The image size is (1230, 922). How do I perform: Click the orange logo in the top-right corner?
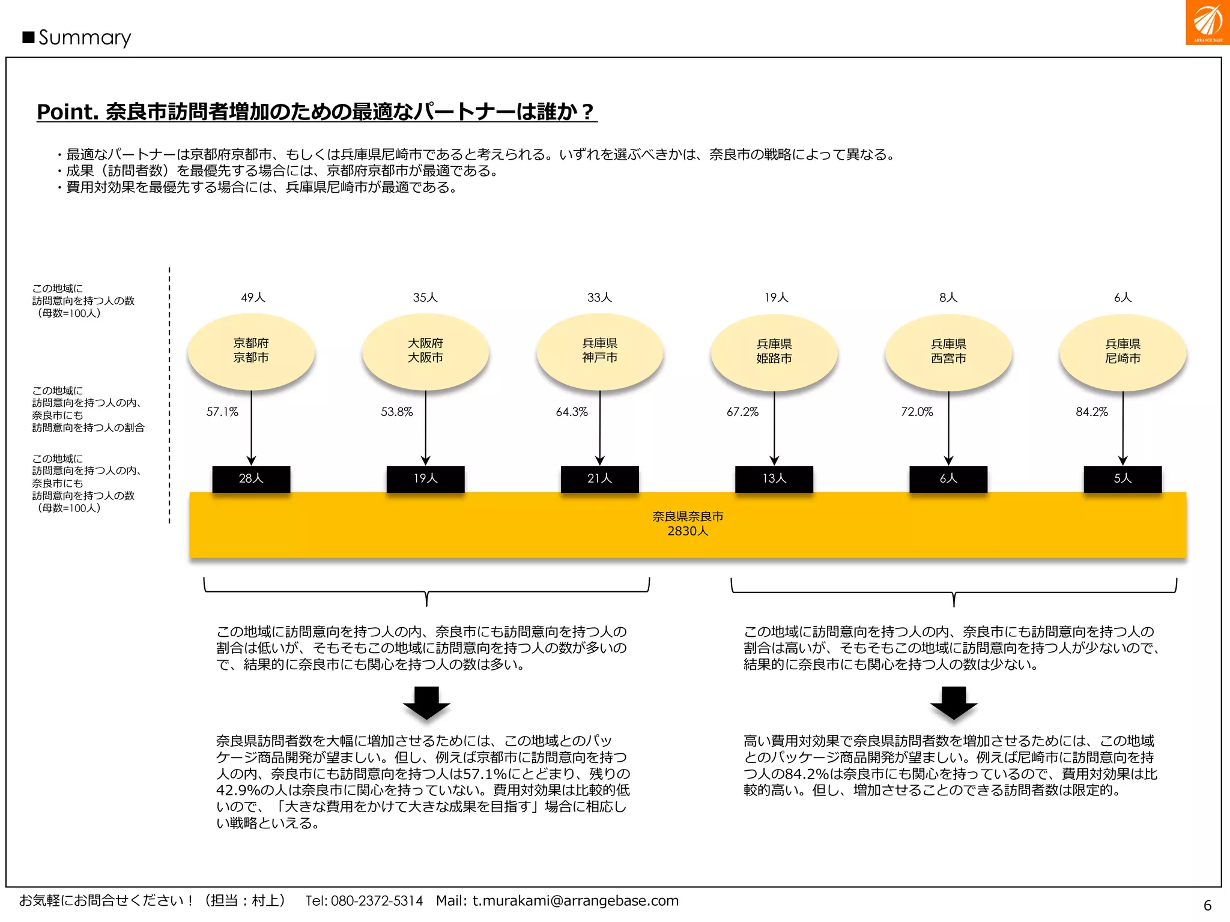click(x=1207, y=22)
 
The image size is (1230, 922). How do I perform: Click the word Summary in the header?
click(x=85, y=38)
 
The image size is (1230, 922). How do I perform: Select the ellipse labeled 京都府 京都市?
click(x=251, y=351)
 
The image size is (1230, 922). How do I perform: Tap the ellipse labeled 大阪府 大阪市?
click(x=425, y=351)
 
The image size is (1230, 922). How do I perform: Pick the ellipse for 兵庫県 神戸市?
click(x=599, y=351)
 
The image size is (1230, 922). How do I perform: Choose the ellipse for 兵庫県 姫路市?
click(x=774, y=352)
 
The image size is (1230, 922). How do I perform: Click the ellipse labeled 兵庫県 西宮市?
click(x=948, y=352)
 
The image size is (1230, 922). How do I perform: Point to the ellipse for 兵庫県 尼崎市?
click(x=1122, y=352)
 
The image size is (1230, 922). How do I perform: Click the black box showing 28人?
click(x=251, y=479)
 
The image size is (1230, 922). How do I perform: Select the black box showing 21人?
click(x=599, y=479)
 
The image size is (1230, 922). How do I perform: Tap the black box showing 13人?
click(x=774, y=479)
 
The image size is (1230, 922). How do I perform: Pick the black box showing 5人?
click(x=1122, y=479)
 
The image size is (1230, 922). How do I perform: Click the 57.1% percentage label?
click(x=222, y=412)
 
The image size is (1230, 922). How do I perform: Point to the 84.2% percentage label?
click(x=1091, y=412)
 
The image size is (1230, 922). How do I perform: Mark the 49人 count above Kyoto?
click(x=253, y=298)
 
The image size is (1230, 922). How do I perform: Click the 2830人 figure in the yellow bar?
click(x=688, y=531)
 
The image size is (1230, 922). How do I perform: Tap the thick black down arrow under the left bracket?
click(x=426, y=702)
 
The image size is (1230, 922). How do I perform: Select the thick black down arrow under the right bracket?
click(x=954, y=702)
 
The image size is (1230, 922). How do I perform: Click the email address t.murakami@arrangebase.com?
click(x=575, y=901)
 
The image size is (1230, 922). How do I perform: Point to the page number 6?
click(x=1207, y=905)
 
